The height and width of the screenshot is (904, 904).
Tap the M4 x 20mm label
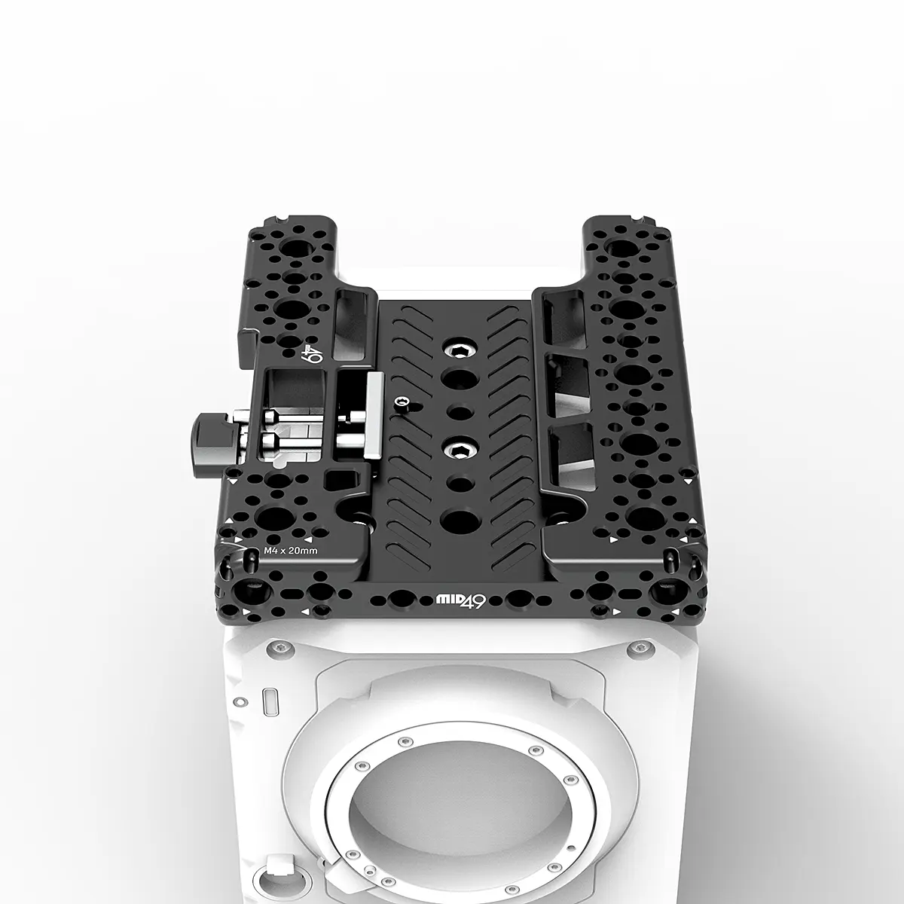click(291, 551)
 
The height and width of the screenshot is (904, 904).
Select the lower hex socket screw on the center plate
click(457, 450)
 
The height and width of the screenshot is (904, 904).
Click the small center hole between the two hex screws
click(457, 412)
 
